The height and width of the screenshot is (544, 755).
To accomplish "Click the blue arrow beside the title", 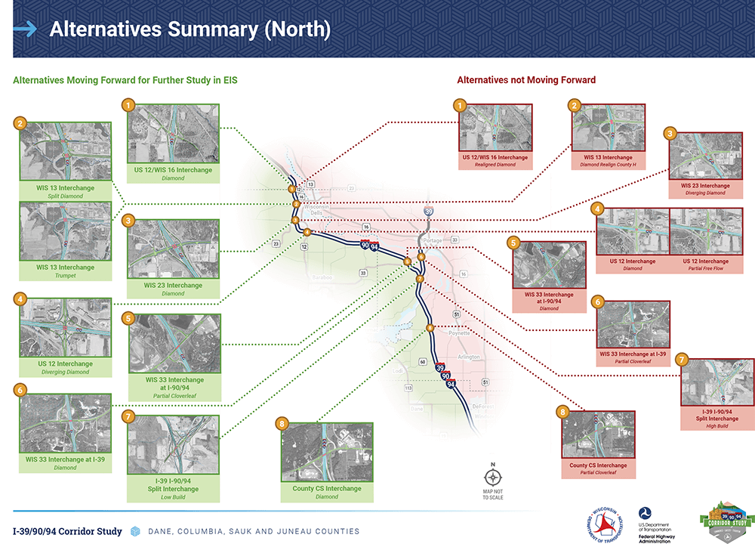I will pyautogui.click(x=25, y=29).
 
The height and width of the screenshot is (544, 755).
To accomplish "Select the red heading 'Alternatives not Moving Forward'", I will pyautogui.click(x=526, y=79).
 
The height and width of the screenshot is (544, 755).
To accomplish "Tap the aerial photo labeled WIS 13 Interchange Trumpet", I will pyautogui.click(x=66, y=231).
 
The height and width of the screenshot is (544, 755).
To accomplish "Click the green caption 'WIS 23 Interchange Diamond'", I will pyautogui.click(x=173, y=289).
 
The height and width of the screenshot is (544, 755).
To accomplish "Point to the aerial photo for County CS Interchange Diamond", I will pyautogui.click(x=326, y=452).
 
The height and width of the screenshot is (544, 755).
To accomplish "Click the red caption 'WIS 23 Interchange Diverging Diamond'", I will pyautogui.click(x=705, y=189).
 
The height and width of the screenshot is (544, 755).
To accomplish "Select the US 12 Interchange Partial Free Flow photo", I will pyautogui.click(x=707, y=231).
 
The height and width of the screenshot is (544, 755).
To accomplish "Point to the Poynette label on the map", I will pyautogui.click(x=458, y=332).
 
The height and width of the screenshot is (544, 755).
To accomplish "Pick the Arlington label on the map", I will pyautogui.click(x=468, y=356).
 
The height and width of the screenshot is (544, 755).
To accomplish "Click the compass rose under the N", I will pyautogui.click(x=492, y=478).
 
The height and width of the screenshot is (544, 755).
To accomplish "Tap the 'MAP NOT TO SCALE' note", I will pyautogui.click(x=492, y=494).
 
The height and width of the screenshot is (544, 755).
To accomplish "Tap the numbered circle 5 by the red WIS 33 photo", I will pyautogui.click(x=513, y=243).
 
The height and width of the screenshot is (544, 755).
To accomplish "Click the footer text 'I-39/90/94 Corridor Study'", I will pyautogui.click(x=67, y=531).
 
